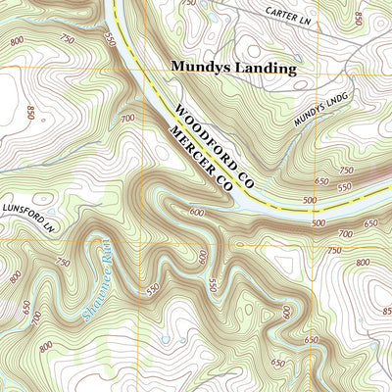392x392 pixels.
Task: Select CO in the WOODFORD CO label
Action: coord(246,178)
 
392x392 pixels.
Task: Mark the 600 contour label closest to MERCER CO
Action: coord(199,212)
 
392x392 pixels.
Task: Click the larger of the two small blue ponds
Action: coord(165,339)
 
